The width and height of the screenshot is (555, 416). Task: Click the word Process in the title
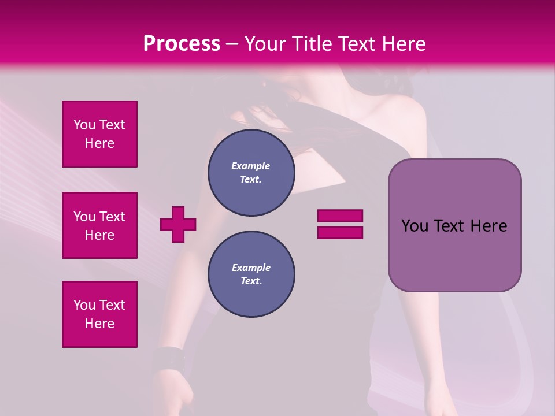coord(182,44)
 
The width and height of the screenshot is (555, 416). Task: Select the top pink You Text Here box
coord(99,134)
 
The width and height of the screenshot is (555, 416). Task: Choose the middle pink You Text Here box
coord(99,225)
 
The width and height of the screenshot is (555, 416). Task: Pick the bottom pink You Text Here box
coord(99,314)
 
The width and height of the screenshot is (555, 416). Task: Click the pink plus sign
coord(178,224)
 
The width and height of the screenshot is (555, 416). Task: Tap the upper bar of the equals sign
coord(340,216)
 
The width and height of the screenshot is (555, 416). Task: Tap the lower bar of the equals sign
coord(340,232)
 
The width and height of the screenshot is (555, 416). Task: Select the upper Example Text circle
coord(251,173)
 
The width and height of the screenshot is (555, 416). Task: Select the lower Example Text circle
coord(251,274)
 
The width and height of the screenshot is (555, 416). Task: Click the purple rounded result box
coord(454,225)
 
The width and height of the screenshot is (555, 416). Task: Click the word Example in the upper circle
coord(251,166)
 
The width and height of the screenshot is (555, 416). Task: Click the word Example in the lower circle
coord(251,268)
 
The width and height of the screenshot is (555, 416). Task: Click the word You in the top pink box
coord(84,125)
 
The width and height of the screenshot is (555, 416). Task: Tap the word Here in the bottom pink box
coord(99,324)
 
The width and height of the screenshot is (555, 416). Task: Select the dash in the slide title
coord(232,44)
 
